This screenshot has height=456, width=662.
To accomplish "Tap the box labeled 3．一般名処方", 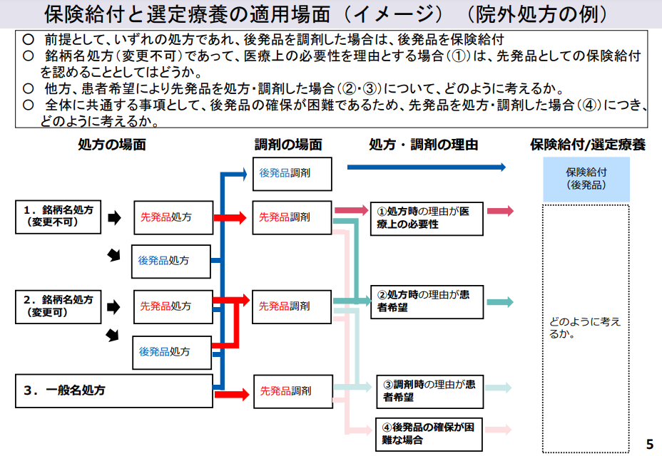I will [114, 390].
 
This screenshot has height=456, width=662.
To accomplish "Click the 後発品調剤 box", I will [292, 173].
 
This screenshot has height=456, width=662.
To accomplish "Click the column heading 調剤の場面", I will [288, 145].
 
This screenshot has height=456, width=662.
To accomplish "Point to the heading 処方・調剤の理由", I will [423, 145].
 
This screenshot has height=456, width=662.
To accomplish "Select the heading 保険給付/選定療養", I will [587, 145].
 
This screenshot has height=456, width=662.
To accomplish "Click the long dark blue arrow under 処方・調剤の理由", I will [426, 167].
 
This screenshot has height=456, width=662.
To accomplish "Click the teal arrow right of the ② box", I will [500, 301].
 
